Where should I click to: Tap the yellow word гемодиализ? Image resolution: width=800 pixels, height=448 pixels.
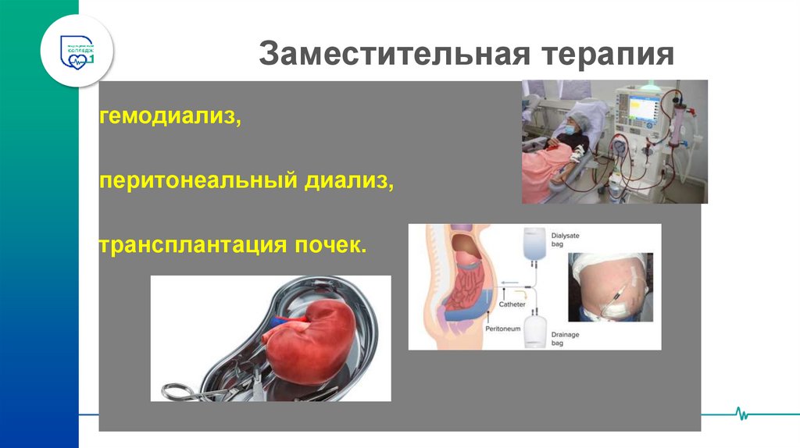[x=169, y=119]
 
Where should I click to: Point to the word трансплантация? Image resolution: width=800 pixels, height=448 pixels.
[x=183, y=245]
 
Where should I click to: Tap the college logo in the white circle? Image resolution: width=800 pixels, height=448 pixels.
[x=77, y=50]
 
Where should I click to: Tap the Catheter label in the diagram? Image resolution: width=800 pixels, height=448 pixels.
[x=512, y=304]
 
